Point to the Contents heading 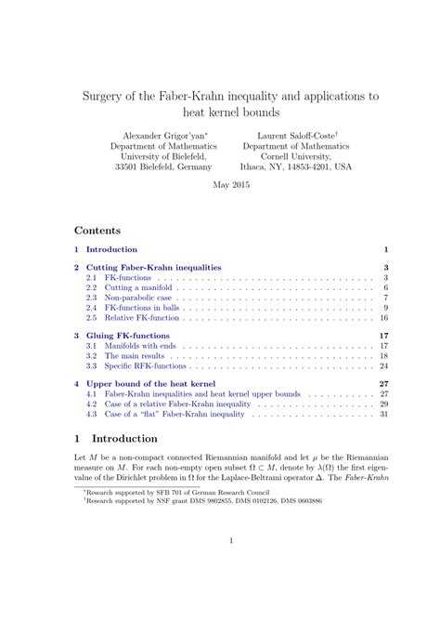(x=101, y=228)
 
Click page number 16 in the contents (x=383, y=318)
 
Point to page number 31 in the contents (x=383, y=415)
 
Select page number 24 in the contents (x=383, y=366)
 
